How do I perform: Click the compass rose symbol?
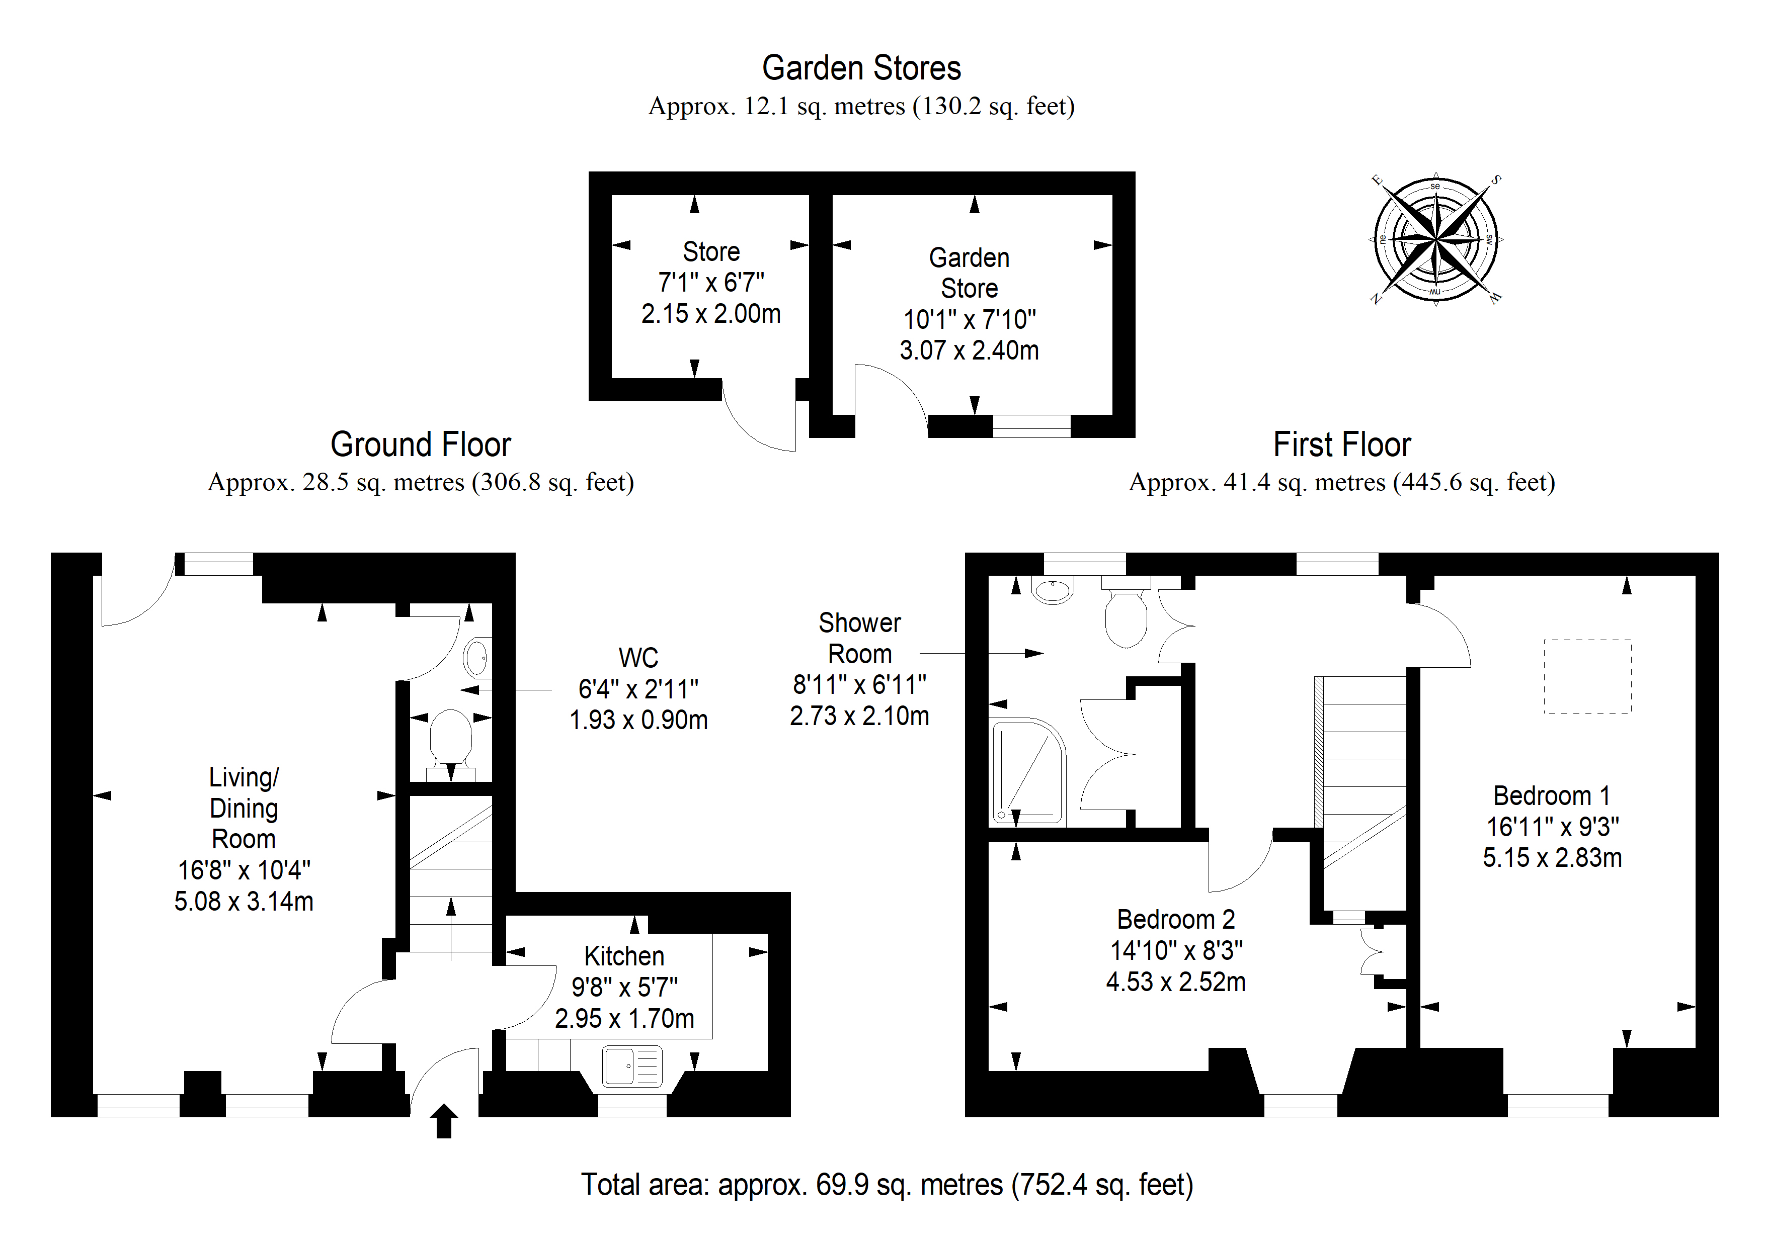click(x=1435, y=239)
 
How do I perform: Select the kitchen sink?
click(x=632, y=1065)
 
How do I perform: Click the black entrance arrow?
click(x=444, y=1121)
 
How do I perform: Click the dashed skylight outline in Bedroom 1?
click(x=1587, y=676)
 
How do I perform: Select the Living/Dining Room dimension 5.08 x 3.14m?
click(x=244, y=901)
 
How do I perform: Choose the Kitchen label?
click(x=624, y=956)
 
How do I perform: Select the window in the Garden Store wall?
click(x=1031, y=426)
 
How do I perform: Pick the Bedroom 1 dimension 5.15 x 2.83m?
click(x=1552, y=857)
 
